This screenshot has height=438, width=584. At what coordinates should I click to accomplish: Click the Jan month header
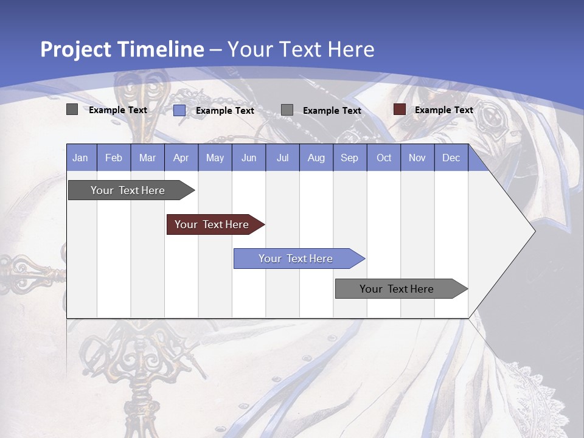(80, 158)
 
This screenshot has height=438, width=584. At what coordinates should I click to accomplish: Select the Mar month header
(147, 158)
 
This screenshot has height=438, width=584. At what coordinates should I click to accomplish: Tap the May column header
(215, 158)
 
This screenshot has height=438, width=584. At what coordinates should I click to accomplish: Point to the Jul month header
(282, 158)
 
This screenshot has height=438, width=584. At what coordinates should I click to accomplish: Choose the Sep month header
(349, 158)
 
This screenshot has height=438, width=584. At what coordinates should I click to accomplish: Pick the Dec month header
(451, 158)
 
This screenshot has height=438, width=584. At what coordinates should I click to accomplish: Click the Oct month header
(384, 158)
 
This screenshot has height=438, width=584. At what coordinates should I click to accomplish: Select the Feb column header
(114, 158)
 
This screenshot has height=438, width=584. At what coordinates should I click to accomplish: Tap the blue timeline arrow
(297, 259)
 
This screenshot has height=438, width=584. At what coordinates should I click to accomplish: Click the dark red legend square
(399, 109)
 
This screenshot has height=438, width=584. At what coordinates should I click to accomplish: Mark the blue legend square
(179, 110)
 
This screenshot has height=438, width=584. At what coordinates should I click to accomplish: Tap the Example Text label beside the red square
(443, 110)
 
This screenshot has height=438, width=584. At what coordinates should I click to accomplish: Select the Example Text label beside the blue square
(224, 111)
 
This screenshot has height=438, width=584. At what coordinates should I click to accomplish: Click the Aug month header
(316, 158)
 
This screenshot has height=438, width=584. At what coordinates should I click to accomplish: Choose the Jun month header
(249, 158)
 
